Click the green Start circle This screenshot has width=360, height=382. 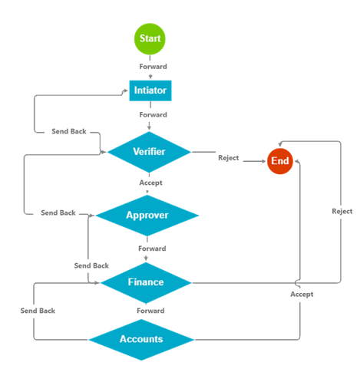(150, 39)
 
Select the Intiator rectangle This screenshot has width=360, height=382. (150, 91)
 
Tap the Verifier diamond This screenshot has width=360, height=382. (149, 152)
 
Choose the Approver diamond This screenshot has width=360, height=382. (147, 216)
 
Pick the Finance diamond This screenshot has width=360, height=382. (146, 282)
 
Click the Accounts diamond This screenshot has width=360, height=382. (141, 339)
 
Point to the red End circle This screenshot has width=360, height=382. (280, 161)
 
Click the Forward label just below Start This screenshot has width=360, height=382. (153, 67)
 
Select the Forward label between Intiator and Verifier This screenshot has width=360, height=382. (153, 114)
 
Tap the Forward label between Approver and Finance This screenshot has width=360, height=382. (152, 249)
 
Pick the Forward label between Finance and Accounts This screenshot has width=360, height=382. (150, 311)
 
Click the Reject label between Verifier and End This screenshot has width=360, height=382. (229, 158)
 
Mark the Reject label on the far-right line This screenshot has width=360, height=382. (342, 212)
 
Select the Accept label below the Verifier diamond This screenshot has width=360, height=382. (150, 183)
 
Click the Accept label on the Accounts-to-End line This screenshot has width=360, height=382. (302, 295)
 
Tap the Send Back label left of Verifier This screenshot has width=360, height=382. (69, 131)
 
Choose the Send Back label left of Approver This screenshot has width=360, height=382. (58, 212)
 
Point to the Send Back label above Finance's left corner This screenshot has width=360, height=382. (91, 265)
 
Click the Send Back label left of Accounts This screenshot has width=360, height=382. (38, 311)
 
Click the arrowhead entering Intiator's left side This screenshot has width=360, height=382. (125, 91)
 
